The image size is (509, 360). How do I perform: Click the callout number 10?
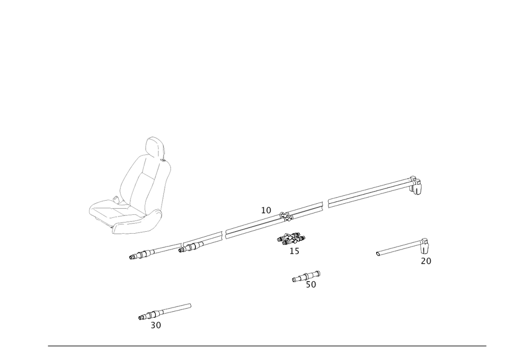coord(266,209)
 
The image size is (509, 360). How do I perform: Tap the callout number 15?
coord(295,251)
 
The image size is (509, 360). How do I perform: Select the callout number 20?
coord(426,261)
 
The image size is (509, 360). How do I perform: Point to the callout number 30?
coord(156,325)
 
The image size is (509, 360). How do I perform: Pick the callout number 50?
coord(310,285)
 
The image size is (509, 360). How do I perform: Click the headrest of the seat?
coord(155,148)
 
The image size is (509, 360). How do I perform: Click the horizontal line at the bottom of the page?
coord(267,346)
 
